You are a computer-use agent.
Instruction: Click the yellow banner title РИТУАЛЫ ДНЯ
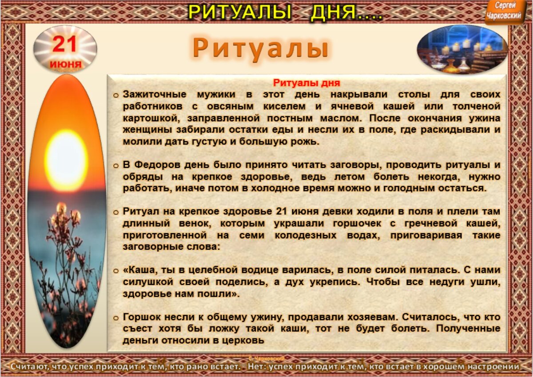(285, 12)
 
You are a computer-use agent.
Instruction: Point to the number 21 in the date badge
(65, 45)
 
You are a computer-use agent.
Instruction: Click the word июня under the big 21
(65, 64)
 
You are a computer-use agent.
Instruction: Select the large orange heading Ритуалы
(261, 48)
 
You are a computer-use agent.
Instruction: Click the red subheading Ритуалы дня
(306, 83)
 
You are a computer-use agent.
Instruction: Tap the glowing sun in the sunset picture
(66, 160)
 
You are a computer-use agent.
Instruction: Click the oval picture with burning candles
(462, 49)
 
